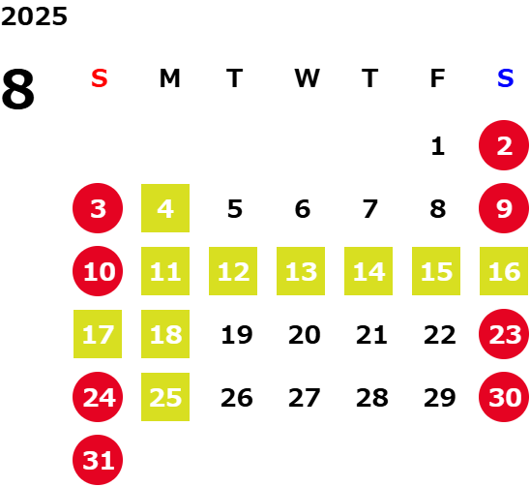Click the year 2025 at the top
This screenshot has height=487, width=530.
coord(34,16)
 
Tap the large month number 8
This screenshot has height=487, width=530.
coord(18,89)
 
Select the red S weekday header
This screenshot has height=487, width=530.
coord(100,78)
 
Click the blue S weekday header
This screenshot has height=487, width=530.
coord(505,78)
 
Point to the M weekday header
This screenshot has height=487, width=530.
coord(169,78)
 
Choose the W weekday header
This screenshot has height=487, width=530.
coord(307,78)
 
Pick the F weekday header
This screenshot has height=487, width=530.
coord(438,78)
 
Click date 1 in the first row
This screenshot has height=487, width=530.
coord(438,146)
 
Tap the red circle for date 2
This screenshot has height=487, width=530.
coord(504,145)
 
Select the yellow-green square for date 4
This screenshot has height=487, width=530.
coord(165,208)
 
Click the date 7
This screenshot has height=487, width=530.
coord(370,209)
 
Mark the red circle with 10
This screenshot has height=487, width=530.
coord(98,271)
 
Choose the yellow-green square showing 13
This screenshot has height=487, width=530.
coord(301,271)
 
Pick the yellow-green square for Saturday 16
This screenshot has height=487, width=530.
coord(504,271)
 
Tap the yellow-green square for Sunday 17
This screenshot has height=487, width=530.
coord(98,334)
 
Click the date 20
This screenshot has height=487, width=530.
coord(305,335)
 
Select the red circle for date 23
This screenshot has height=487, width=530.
coord(504,334)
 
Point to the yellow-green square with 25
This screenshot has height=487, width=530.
coord(165,397)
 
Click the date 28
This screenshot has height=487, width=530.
coord(371,398)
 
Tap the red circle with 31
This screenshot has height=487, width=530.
coord(98,460)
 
